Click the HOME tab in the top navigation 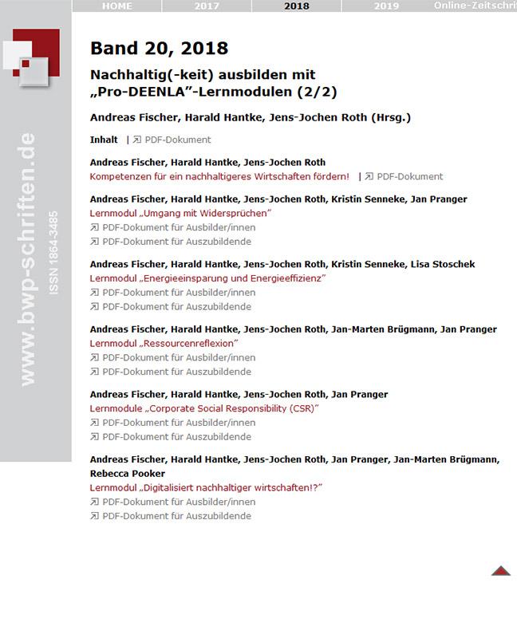116,6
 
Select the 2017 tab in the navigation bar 207,6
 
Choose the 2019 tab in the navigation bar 386,6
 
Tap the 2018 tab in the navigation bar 296,6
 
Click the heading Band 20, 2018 159,49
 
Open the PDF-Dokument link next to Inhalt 177,140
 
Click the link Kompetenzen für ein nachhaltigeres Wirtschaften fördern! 219,176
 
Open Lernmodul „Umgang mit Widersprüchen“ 181,214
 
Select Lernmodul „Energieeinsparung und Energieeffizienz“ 208,278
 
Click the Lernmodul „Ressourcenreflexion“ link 165,343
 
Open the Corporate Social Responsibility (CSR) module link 204,408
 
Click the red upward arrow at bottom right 500,570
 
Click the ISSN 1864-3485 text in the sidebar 53,254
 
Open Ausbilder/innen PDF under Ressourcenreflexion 178,357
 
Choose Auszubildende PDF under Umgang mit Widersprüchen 176,242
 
